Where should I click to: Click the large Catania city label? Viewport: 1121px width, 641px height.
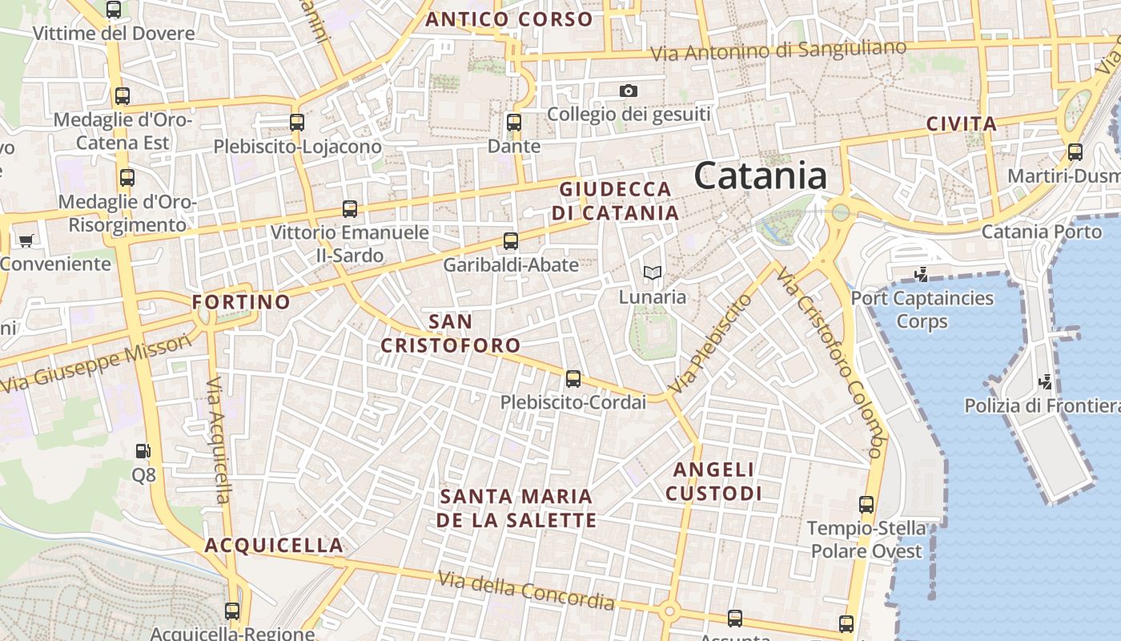[x=760, y=175]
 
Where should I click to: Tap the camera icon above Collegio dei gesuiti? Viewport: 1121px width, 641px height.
[x=629, y=91]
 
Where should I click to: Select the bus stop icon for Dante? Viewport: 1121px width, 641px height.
[x=514, y=123]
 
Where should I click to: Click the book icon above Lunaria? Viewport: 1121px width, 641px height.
[x=653, y=273]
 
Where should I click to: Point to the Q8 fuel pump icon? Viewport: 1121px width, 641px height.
[x=143, y=452]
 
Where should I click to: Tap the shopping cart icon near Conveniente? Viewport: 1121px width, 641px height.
[x=26, y=240]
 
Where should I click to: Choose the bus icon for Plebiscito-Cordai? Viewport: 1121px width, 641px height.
[x=573, y=378]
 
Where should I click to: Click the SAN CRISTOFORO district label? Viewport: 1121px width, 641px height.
[x=450, y=333]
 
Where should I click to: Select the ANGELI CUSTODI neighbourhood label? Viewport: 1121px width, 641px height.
[x=713, y=481]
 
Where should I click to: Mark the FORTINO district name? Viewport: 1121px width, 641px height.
[x=241, y=302]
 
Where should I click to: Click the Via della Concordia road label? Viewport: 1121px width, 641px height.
[x=526, y=591]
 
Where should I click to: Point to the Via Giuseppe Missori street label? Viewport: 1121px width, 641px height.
[x=96, y=363]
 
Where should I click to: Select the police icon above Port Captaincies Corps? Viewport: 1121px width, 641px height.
[x=922, y=275]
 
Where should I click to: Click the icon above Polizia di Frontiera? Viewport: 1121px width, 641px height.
[x=1044, y=381]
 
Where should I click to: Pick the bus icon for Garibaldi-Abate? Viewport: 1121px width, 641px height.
[x=511, y=240]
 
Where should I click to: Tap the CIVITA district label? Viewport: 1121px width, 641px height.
[x=961, y=124]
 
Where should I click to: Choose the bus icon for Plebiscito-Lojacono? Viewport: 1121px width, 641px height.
[x=297, y=123]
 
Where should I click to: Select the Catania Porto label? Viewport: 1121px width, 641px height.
[x=1041, y=232]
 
